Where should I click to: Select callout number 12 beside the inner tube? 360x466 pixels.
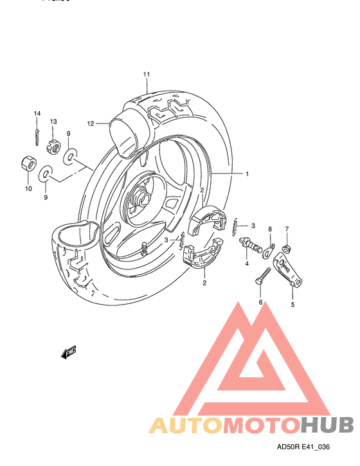[x=91, y=123]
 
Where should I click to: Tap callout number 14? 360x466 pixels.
[x=37, y=113]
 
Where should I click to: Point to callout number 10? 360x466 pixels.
[x=28, y=188]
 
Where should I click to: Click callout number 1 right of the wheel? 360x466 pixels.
[x=246, y=174]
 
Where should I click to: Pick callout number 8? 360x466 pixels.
[x=270, y=229]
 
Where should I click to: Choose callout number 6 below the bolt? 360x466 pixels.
[x=261, y=302]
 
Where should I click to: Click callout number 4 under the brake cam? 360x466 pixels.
[x=246, y=264]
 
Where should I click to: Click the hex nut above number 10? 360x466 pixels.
[x=28, y=164]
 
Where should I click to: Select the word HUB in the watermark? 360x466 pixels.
[x=327, y=425]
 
